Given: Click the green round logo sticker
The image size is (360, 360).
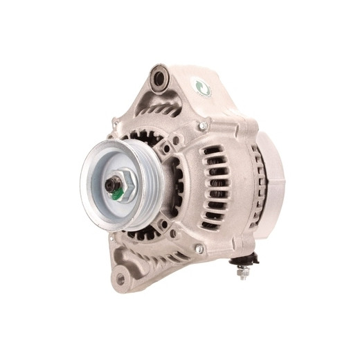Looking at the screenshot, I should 201,87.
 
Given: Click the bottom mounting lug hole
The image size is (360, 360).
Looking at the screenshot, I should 121,278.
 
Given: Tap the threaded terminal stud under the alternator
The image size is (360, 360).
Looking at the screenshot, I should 243,274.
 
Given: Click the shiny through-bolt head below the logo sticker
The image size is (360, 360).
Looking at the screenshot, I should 203,127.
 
